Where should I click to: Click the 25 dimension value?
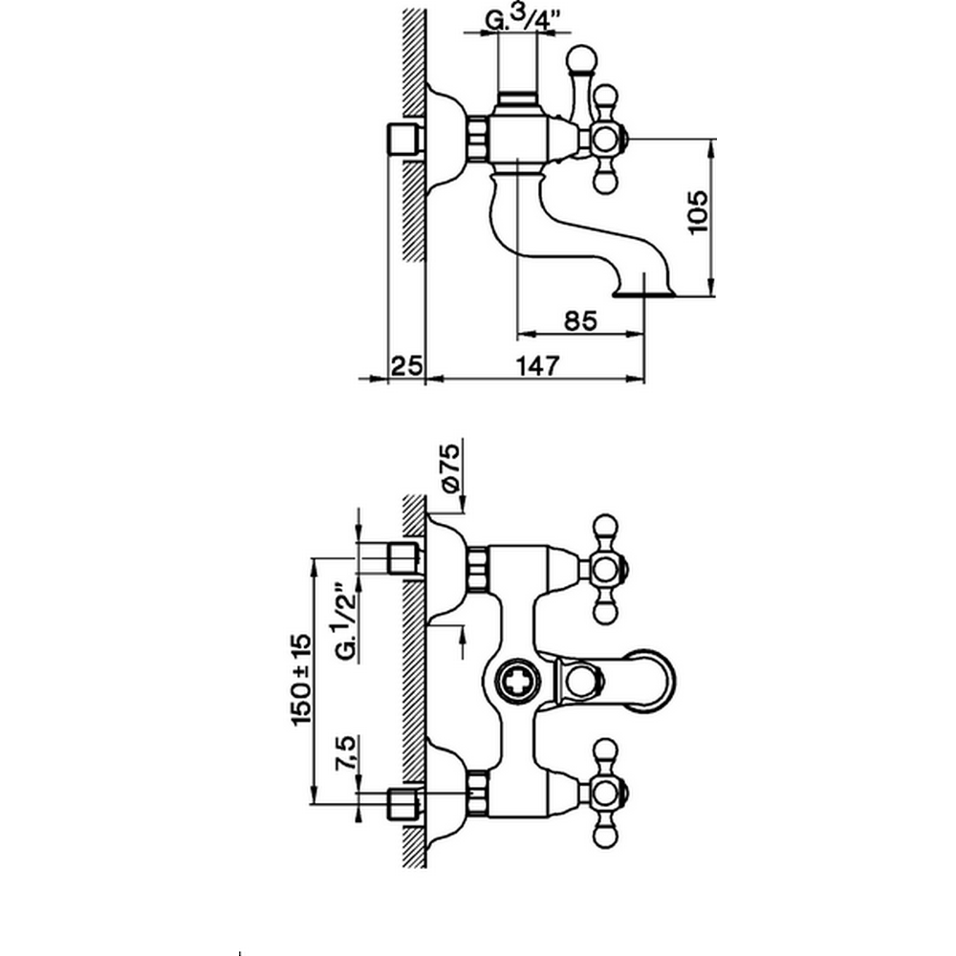[407, 363]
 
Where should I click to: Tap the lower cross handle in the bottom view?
[605, 793]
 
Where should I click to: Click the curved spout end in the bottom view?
[660, 682]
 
